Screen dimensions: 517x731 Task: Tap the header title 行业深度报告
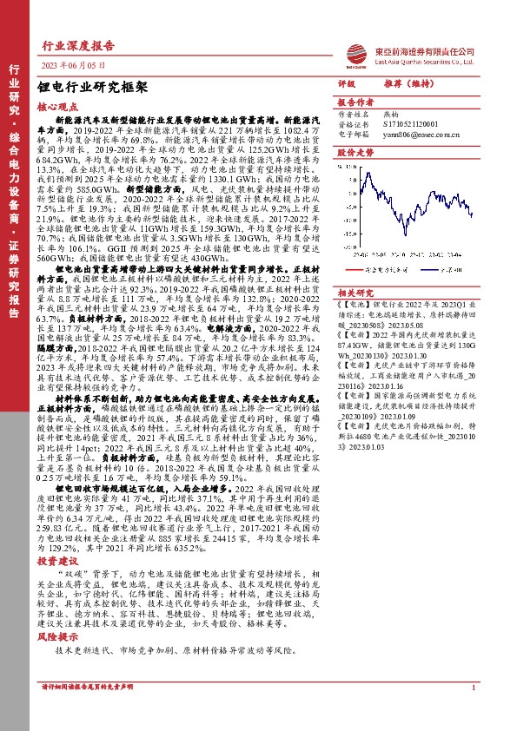coord(78,47)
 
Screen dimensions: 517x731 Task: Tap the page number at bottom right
coord(472,713)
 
